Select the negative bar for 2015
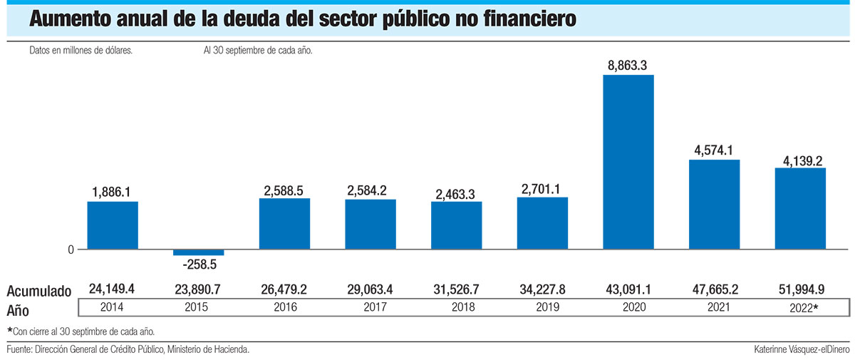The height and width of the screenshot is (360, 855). coord(198,252)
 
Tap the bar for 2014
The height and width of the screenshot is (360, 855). coord(113,225)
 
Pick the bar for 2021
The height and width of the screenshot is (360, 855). coord(714,205)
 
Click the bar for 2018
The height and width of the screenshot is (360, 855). coord(456,225)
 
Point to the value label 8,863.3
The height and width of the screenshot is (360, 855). coord(628,66)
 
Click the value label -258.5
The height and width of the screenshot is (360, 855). coord(198,264)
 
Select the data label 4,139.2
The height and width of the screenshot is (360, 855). coord(800,158)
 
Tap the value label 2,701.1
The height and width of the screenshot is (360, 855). coord(542,188)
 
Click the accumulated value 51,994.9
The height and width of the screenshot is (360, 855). coord(800,289)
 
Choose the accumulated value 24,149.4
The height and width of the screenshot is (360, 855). coord(113,289)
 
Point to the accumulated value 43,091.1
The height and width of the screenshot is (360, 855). coord(628,289)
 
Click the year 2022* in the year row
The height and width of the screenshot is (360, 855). coord(802,308)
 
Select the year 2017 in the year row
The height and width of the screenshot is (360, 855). coord(370,308)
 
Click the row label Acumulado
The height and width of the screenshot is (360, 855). coord(39,291)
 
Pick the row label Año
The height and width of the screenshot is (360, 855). coord(20,309)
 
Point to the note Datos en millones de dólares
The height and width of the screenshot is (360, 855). coord(81,51)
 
